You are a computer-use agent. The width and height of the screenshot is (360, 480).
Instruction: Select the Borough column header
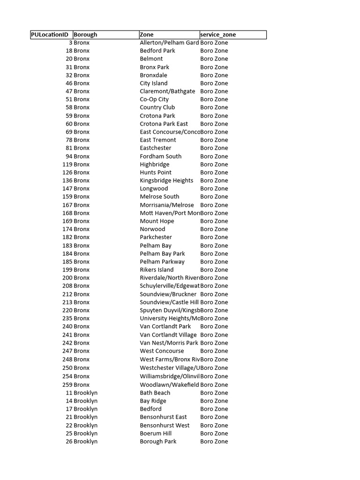coord(85,35)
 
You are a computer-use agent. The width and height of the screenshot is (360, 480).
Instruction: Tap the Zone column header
coord(147,35)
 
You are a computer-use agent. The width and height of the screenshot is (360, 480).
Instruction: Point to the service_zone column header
coord(218,35)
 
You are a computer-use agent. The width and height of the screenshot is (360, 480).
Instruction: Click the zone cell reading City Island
coord(153,83)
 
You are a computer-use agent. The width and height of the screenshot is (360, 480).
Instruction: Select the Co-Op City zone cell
coord(154,99)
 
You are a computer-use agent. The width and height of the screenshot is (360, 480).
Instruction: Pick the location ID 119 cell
coord(67,165)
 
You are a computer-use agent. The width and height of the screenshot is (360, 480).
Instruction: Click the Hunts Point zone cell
coord(156,172)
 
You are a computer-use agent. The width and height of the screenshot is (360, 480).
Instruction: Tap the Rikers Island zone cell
coord(157,270)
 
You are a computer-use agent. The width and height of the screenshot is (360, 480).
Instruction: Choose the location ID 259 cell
coord(67,385)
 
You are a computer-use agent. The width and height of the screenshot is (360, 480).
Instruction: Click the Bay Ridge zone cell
coord(153,401)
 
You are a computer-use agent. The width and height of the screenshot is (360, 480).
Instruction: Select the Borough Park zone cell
coord(158,442)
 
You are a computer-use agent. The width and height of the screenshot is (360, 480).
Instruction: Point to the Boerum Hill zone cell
coord(156,434)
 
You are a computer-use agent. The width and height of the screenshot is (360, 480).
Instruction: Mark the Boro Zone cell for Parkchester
coord(214,237)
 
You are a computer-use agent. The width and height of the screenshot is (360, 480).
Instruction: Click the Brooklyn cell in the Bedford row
coord(85,409)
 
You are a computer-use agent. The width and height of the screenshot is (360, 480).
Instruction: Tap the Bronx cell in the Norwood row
coord(82,229)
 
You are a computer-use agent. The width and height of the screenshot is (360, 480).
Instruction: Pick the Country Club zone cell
coord(157,107)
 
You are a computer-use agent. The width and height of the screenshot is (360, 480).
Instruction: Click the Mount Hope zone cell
coord(157,221)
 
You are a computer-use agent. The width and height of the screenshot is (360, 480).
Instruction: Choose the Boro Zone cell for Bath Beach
coord(214,393)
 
